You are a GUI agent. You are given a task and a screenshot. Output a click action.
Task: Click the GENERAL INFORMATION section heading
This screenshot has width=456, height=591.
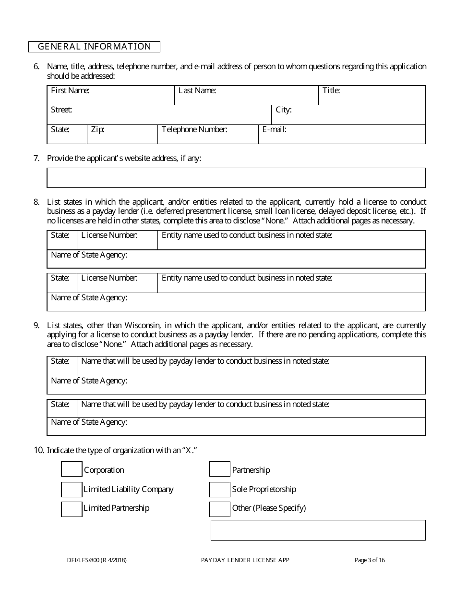point(94,47)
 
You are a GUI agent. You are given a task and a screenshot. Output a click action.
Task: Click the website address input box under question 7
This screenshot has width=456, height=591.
point(236,178)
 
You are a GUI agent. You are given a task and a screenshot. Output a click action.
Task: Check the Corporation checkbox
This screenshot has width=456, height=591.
point(72,469)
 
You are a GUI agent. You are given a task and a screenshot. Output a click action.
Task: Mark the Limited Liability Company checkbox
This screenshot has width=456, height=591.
point(72,489)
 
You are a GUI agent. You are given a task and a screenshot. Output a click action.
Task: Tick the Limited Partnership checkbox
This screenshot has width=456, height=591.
point(72,508)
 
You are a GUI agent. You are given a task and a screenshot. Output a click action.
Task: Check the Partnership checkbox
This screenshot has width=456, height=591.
point(220,469)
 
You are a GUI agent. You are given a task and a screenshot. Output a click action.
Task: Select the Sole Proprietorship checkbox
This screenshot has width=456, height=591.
point(220,489)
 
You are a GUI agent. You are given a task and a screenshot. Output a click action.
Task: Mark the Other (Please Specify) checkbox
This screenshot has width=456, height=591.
point(220,508)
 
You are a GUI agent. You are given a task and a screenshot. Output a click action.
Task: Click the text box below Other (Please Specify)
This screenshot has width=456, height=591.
point(318,530)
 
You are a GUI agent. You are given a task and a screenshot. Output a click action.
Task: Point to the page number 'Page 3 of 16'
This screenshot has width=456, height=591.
point(370,560)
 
